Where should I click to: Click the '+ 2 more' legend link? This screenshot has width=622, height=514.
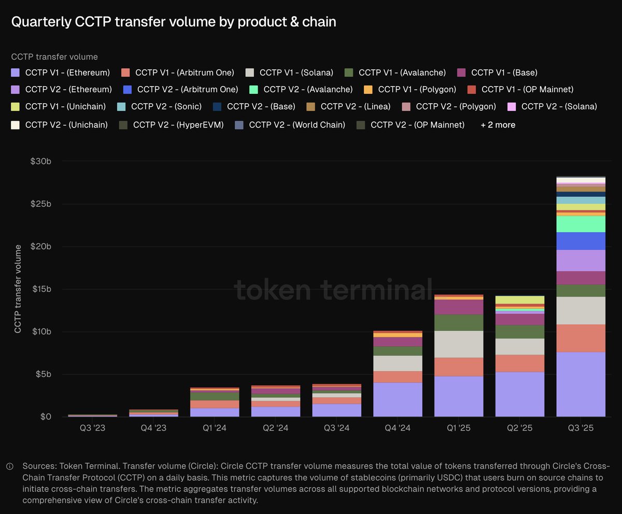498,125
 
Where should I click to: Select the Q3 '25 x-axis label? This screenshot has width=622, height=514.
581,429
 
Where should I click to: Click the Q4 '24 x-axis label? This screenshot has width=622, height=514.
398,429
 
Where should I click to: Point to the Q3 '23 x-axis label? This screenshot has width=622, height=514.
92,429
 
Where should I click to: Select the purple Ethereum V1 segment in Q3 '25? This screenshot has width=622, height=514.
581,384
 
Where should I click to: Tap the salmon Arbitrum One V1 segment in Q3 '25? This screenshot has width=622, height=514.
581,338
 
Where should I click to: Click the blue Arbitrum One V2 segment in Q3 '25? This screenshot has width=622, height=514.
581,241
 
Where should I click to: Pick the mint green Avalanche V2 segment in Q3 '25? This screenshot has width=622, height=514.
581,224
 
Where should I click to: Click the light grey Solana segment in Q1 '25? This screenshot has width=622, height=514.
459,344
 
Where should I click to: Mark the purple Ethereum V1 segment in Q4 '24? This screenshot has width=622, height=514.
398,399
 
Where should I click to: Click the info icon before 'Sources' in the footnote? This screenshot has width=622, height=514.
10,466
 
